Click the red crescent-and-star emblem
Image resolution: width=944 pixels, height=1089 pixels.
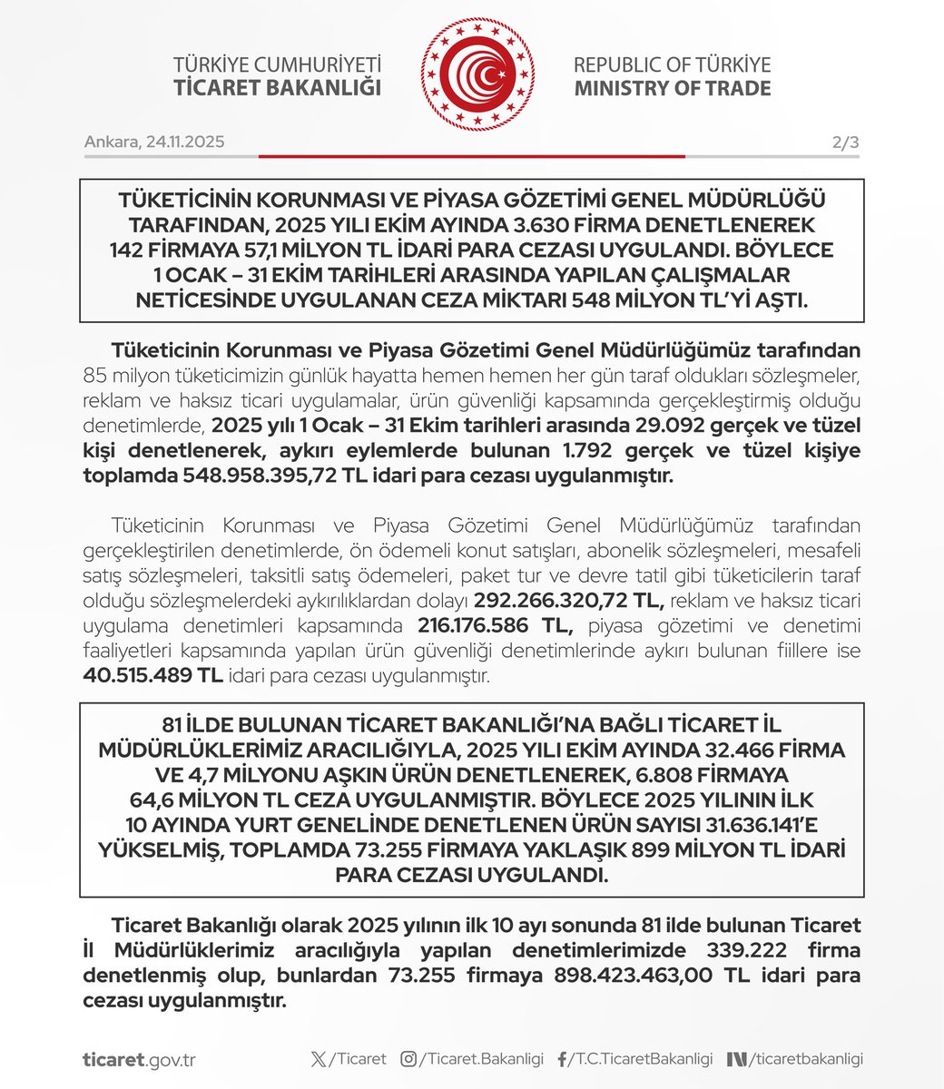(x=477, y=74)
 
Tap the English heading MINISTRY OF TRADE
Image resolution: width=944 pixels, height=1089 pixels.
(x=672, y=89)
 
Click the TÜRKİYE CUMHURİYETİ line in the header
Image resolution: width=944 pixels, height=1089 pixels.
(x=277, y=64)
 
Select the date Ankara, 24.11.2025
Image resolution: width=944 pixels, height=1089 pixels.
(x=154, y=142)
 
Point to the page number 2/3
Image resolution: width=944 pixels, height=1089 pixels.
(x=844, y=142)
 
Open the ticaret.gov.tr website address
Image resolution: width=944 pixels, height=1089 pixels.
(x=138, y=1059)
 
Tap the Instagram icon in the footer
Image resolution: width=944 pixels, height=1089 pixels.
(x=409, y=1059)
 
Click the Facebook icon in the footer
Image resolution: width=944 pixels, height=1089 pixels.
(x=563, y=1059)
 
